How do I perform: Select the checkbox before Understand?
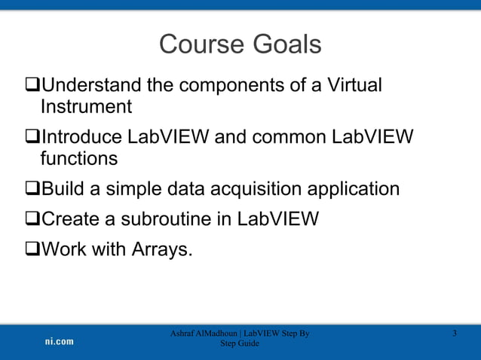point(31,86)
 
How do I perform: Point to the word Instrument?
point(86,107)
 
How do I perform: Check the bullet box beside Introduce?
point(31,138)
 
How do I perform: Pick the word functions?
point(79,159)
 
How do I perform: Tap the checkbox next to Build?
point(31,189)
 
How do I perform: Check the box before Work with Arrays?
point(31,249)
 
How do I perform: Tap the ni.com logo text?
point(58,341)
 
